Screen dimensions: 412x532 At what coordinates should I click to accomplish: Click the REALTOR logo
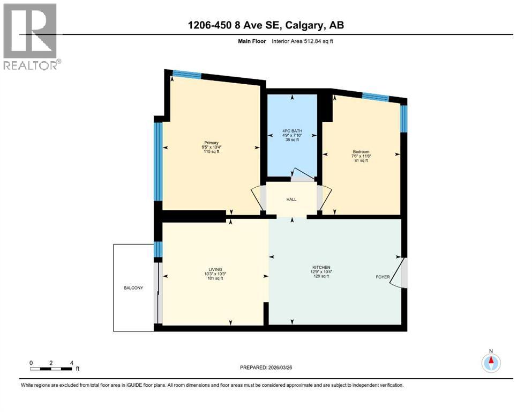pos(32,36)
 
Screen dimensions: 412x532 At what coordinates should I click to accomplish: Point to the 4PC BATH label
pos(293,129)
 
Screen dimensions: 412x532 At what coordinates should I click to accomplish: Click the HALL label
pos(291,200)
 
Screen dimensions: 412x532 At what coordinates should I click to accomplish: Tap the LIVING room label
pos(215,269)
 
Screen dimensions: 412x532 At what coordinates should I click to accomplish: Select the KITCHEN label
pos(321,267)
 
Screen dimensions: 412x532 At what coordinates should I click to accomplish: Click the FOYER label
pos(383,277)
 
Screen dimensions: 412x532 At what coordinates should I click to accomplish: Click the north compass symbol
pos(490,363)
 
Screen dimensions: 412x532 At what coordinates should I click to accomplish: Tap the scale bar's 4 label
pos(71,363)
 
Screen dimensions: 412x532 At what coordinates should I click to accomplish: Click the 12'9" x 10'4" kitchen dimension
pos(321,271)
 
